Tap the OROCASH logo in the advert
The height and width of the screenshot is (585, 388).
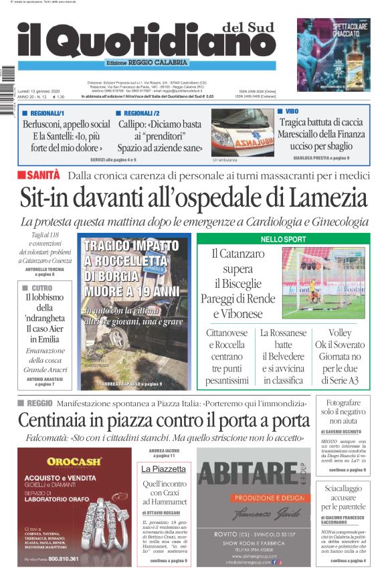[x=74, y=461]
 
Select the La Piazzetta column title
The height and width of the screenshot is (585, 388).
[x=163, y=469]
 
